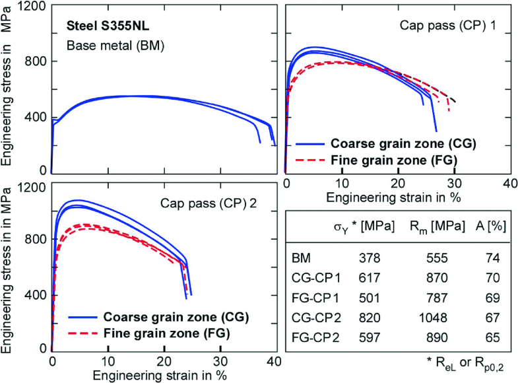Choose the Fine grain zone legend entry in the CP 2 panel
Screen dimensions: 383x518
pos(166,333)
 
